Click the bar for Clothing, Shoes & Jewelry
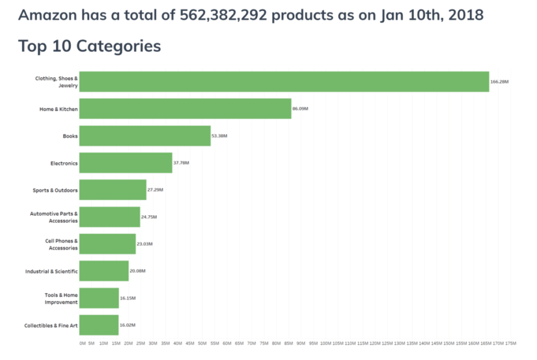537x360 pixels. pos(284,82)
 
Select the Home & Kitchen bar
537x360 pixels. pos(185,109)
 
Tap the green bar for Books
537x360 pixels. pos(145,135)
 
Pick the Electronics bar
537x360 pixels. pos(126,163)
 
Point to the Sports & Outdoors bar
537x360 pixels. pos(113,190)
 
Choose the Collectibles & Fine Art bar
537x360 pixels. pos(99,325)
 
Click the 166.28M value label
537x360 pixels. pos(499,82)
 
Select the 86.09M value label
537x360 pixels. pos(300,109)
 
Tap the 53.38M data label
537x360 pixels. pos(219,135)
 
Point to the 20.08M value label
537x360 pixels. pos(137,271)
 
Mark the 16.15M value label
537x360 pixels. pos(128,298)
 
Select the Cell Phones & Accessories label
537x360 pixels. pos(61,244)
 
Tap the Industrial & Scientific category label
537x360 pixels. pos(51,271)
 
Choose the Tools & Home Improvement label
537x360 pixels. pos(61,298)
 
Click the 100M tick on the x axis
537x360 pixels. pos(326,344)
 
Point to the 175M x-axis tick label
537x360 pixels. pos(511,344)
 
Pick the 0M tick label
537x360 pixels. pos(82,344)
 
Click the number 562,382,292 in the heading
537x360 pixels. pos(224,15)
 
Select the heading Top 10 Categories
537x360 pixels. pos(90,46)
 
